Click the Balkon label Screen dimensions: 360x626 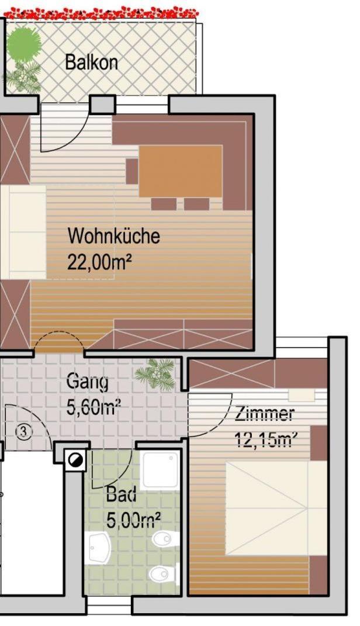tap(91, 63)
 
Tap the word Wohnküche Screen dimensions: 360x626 tap(114, 236)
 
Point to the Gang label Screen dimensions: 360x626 tap(87, 382)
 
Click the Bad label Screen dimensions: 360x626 tap(121, 494)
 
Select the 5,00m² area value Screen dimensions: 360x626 tap(134, 520)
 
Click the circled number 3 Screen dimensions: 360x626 tap(24, 431)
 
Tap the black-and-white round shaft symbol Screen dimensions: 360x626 tap(76, 461)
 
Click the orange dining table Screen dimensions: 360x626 tap(181, 171)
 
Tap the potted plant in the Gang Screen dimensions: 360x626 tap(155, 373)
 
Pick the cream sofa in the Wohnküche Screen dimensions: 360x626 tap(23, 232)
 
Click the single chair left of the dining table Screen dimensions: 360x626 tap(132, 171)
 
